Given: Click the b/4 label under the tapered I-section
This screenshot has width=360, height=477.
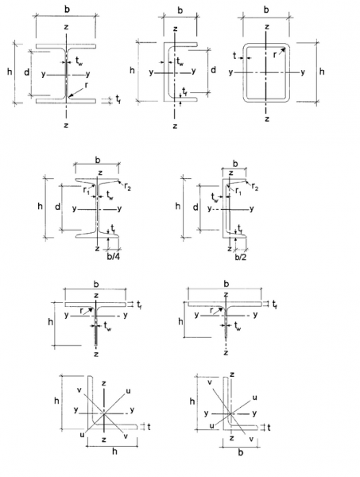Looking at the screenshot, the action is coord(114,257).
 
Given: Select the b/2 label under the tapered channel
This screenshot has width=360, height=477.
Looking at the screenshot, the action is coord(241,257).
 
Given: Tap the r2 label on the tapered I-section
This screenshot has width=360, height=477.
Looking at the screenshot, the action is coord(128,187).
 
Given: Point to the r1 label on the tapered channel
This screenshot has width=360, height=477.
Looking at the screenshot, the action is coord(238,192).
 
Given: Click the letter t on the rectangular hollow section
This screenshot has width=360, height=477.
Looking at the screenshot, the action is coord(234,56).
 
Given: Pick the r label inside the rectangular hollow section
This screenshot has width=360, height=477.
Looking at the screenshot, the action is coord(274,55).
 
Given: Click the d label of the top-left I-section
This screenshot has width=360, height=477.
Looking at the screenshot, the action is coord(27,72).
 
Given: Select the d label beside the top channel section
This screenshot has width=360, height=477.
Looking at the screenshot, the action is coord(214,70).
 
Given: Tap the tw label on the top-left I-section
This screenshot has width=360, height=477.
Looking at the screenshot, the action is coord(79,61).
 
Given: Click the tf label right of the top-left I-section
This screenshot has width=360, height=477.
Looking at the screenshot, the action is coord(118,99).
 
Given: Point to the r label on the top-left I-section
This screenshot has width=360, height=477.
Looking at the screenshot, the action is coord(87,85).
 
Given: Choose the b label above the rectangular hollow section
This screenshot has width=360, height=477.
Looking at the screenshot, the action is coord(266,10).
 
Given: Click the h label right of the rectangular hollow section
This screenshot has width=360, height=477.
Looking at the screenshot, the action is coord(322,72).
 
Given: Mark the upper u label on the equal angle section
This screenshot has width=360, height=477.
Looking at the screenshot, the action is coord(128,390).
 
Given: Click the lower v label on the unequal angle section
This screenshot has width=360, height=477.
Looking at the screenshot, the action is coord(251,439).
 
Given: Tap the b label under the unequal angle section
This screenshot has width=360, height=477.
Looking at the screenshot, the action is coord(241,452).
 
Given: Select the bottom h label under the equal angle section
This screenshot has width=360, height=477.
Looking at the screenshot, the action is coord(114,451).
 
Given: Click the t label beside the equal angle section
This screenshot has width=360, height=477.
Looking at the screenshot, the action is coord(149,427).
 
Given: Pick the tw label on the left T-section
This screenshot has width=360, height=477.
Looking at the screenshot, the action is coord(107,327).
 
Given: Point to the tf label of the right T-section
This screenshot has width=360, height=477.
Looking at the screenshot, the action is coord(274,304).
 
